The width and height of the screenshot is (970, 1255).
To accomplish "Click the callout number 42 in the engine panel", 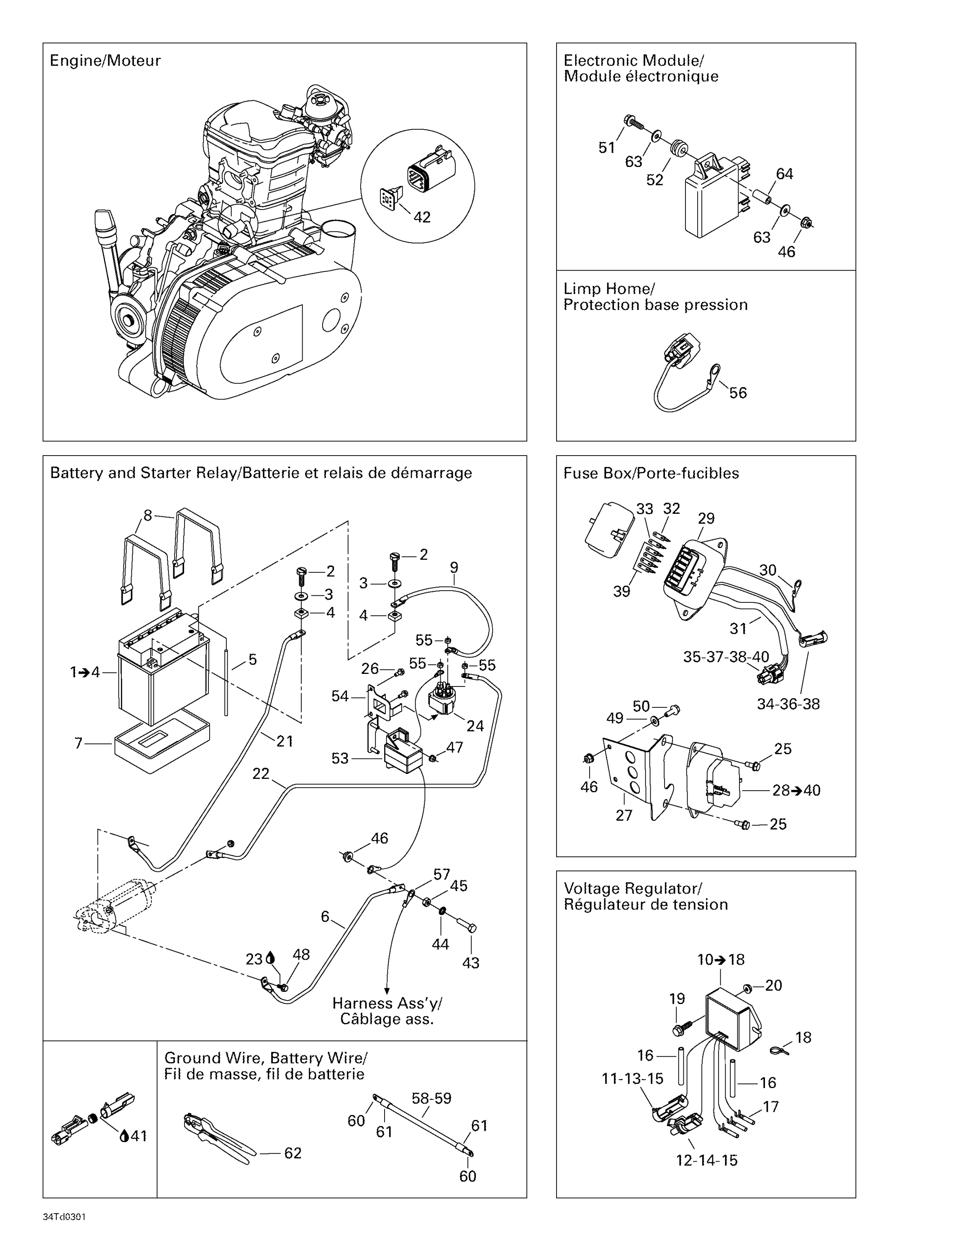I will [x=422, y=217].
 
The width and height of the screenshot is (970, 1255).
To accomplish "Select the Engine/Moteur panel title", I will [x=105, y=61].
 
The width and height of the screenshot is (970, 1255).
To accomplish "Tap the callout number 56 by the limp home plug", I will [x=738, y=393].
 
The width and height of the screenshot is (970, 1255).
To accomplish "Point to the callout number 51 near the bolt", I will [x=607, y=148].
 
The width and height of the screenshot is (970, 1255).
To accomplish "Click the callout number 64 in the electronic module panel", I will [x=784, y=174].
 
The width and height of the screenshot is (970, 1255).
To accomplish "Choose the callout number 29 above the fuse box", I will [x=706, y=518].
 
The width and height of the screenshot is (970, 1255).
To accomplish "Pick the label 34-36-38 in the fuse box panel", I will [x=788, y=704].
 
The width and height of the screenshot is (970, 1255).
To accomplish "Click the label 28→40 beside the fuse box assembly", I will [x=796, y=790].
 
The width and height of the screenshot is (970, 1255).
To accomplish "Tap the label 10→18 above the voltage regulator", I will [x=721, y=960].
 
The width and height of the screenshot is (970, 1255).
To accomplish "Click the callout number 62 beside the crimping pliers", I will [x=293, y=1153].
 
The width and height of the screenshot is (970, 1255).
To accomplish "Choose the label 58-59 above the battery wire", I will [x=431, y=1099].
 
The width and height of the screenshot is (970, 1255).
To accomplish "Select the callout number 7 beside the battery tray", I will [x=79, y=743].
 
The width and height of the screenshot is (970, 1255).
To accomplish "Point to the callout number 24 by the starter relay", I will [x=475, y=726].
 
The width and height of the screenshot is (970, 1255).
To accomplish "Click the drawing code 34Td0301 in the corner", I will [x=64, y=1217].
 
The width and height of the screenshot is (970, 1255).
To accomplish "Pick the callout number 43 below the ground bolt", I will [x=471, y=963].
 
